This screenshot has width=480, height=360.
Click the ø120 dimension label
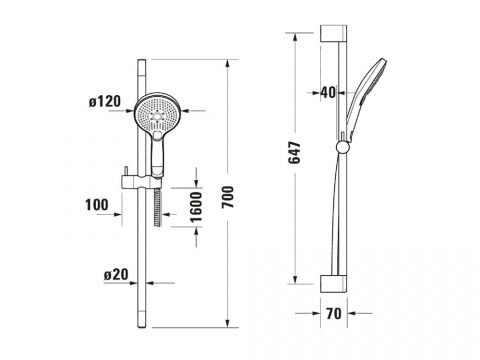point(105,101)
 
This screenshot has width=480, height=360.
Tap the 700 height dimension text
point(229,197)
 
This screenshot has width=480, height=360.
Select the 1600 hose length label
point(196,207)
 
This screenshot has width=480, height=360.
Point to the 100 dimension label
point(97,205)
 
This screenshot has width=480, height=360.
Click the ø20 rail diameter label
point(116,275)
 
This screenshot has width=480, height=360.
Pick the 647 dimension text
point(294,153)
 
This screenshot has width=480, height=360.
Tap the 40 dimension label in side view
point(328,92)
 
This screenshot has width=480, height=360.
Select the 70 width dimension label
point(334,314)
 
